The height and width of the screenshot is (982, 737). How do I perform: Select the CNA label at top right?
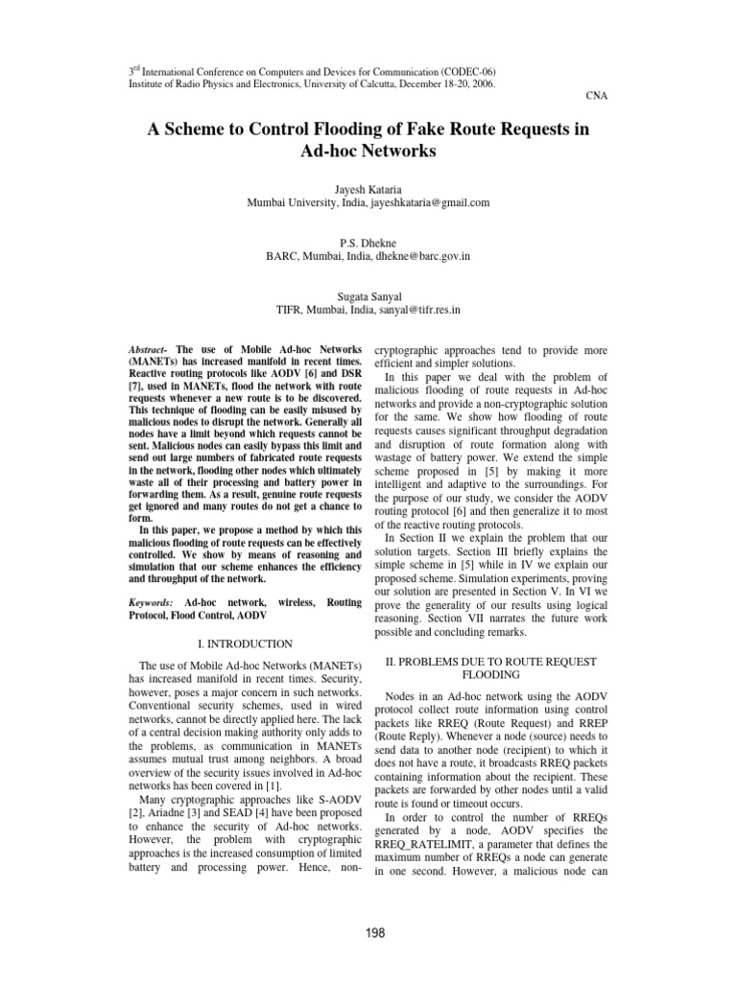[596, 96]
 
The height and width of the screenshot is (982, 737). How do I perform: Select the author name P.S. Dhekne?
[368, 244]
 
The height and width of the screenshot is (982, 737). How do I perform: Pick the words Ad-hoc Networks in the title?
[368, 152]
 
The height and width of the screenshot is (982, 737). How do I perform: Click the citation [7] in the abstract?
[133, 384]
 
